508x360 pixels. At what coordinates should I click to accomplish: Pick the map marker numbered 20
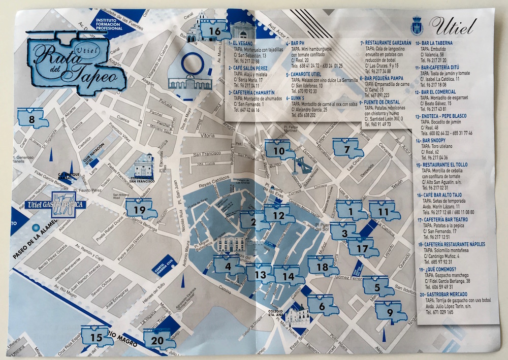tap(160, 339)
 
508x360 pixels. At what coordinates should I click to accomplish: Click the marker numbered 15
tap(97, 337)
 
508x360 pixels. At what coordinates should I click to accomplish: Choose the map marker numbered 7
tap(347, 149)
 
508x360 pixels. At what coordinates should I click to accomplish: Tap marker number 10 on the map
tap(279, 151)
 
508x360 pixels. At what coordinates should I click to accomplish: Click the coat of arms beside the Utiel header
tap(417, 25)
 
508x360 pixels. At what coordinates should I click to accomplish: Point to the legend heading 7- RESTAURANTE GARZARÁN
tap(386, 43)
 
